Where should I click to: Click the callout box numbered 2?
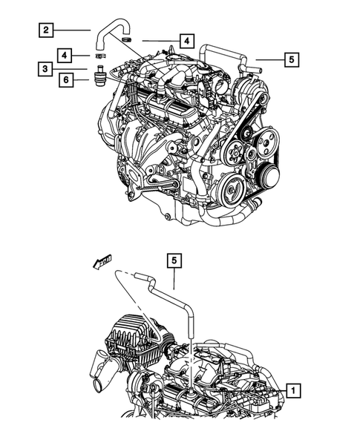(46, 30)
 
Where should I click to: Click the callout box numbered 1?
(295, 389)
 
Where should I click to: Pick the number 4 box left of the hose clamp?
(65, 56)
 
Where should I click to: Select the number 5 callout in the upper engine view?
(291, 57)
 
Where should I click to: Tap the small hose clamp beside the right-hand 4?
(127, 39)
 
